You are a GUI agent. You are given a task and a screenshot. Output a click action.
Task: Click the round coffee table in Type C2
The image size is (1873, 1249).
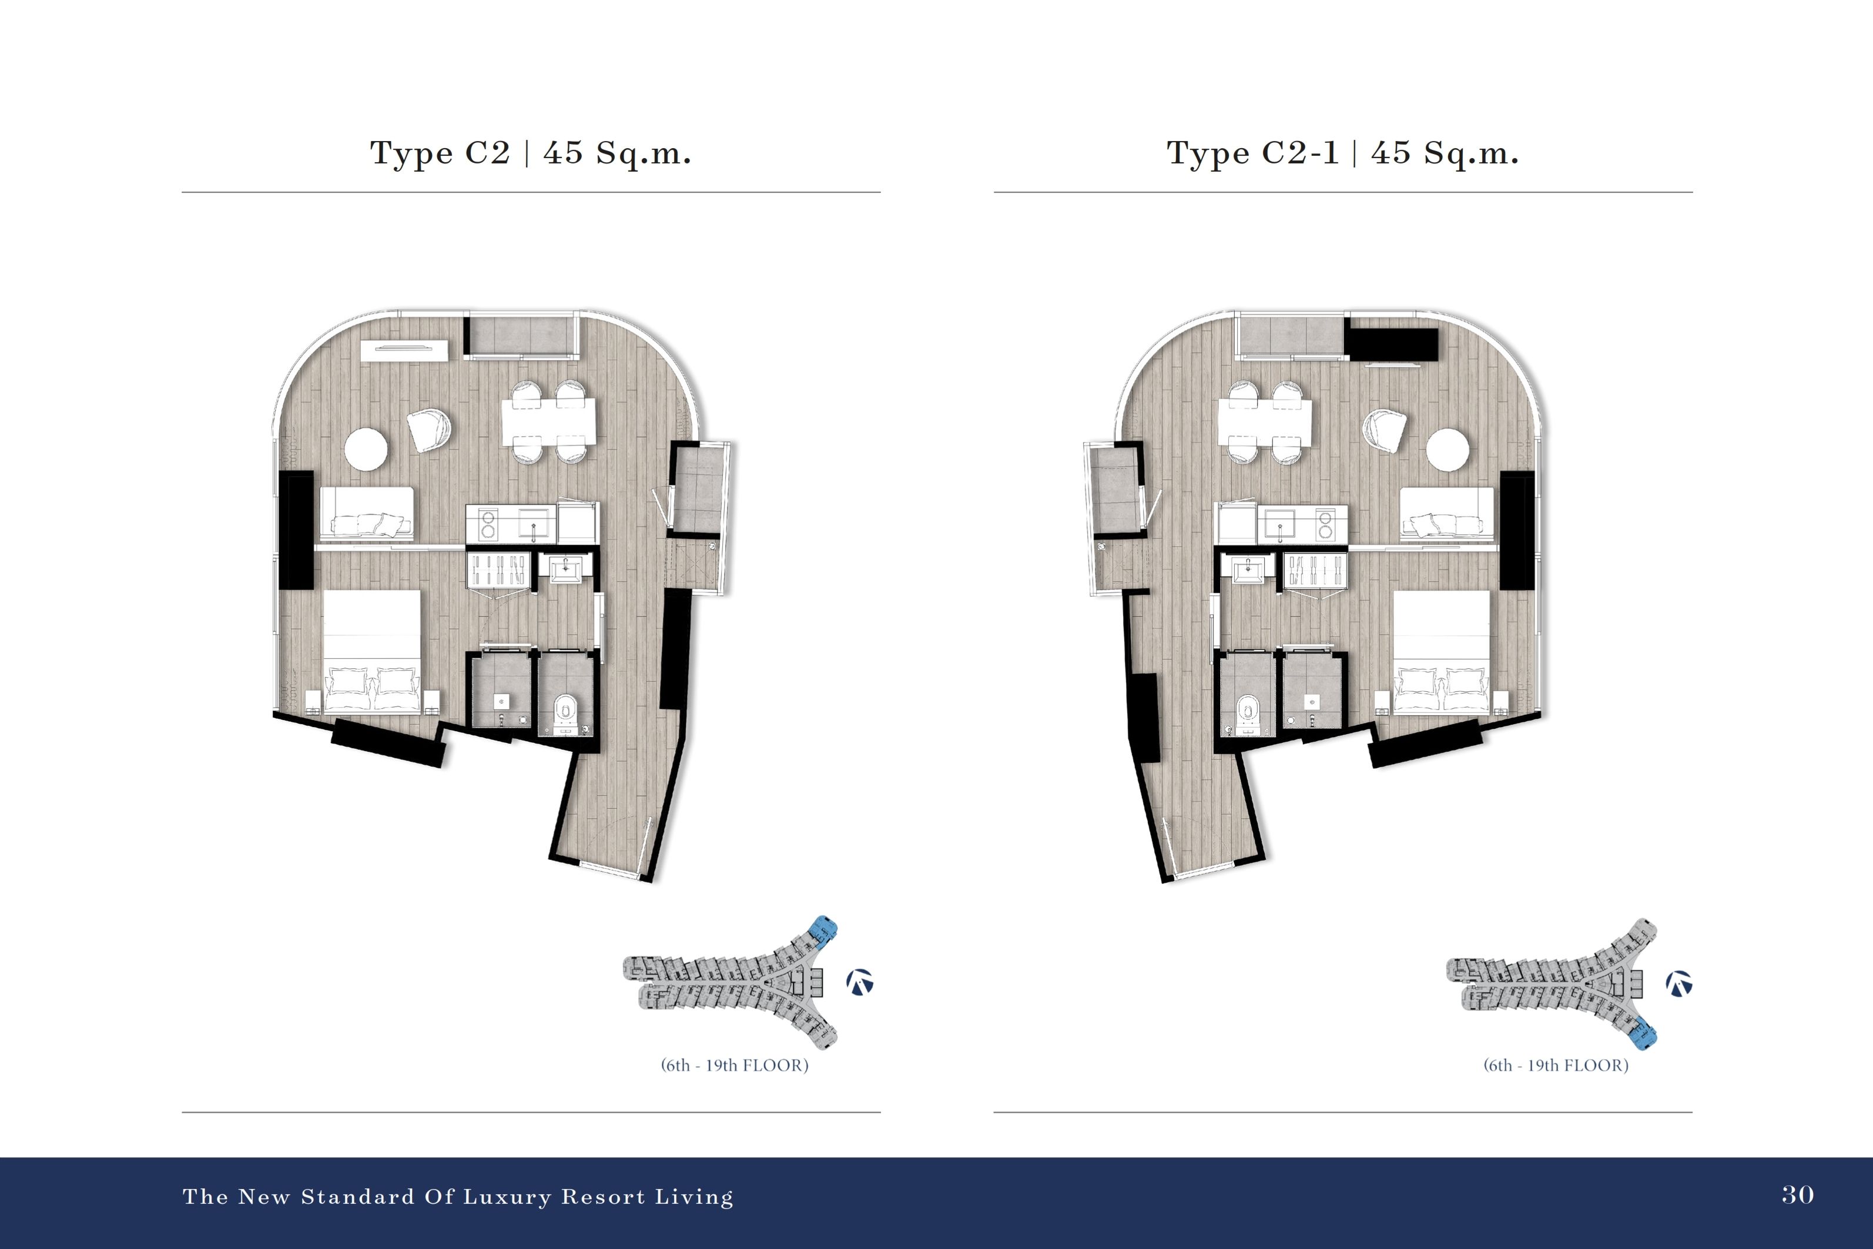[366, 449]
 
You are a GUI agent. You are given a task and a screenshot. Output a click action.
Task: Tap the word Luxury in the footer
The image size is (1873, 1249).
[507, 1197]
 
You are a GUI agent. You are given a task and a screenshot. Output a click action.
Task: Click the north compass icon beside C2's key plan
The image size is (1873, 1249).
[860, 982]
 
